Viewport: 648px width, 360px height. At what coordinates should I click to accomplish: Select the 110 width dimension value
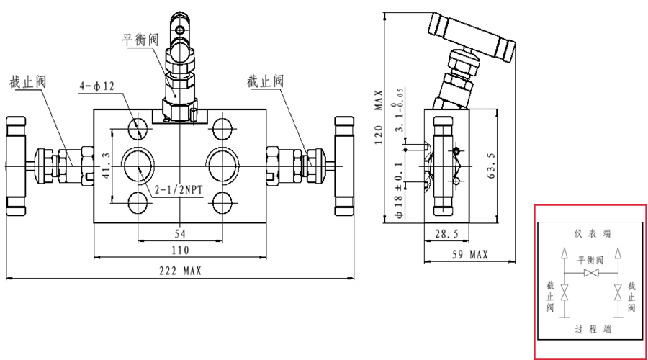pyautogui.click(x=180, y=250)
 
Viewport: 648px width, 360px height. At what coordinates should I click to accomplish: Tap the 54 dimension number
pyautogui.click(x=180, y=234)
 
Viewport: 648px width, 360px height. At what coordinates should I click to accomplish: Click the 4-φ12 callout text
pyautogui.click(x=97, y=86)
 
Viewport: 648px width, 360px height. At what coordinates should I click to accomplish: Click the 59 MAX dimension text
pyautogui.click(x=469, y=254)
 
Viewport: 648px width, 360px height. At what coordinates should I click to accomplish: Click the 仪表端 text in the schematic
pyautogui.click(x=592, y=233)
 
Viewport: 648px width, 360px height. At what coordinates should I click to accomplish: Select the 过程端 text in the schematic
pyautogui.click(x=592, y=329)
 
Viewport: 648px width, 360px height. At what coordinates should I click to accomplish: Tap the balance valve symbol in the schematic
pyautogui.click(x=591, y=275)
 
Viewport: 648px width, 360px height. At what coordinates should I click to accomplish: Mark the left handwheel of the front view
pyautogui.click(x=15, y=165)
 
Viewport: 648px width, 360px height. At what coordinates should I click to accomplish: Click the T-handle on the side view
pyautogui.click(x=472, y=35)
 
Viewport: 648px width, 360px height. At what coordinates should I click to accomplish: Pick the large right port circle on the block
pyautogui.click(x=221, y=165)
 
